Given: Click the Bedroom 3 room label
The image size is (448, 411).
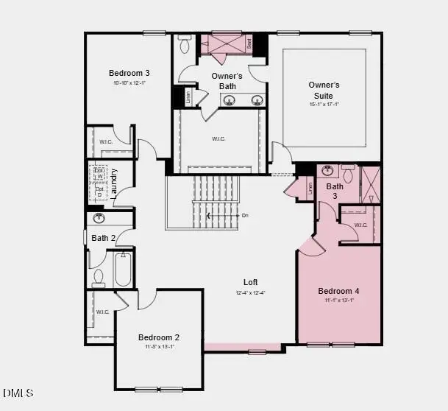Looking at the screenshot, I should [x=129, y=73].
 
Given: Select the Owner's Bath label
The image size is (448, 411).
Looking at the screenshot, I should [x=227, y=82].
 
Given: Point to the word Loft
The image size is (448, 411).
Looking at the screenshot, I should [x=251, y=282].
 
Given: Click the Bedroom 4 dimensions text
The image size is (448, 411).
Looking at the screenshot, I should [x=339, y=300].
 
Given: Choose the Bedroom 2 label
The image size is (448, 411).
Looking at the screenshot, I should [x=159, y=337].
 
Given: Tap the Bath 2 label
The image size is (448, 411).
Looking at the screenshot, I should [x=104, y=238].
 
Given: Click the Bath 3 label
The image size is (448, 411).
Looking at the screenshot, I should [x=335, y=192].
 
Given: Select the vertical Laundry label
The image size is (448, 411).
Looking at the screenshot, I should [x=114, y=182].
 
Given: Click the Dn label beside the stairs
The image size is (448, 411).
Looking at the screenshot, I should [x=245, y=216].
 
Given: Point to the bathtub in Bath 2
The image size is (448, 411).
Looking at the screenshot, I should [x=122, y=270].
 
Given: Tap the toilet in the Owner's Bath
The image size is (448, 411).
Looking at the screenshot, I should [x=185, y=45].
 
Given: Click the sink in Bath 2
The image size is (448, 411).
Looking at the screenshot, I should [x=99, y=219].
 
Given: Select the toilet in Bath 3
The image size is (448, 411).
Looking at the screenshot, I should [x=348, y=174].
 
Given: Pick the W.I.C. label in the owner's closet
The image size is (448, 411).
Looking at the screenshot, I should [x=218, y=138].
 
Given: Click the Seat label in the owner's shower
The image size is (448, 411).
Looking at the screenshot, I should [x=249, y=43].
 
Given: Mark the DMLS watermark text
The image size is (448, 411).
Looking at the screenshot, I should [x=18, y=393].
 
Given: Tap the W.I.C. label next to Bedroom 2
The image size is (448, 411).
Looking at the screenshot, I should [x=102, y=312].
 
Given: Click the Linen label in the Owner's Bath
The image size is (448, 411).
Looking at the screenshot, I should [x=188, y=96].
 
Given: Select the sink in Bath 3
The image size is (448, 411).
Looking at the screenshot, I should [x=329, y=172].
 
